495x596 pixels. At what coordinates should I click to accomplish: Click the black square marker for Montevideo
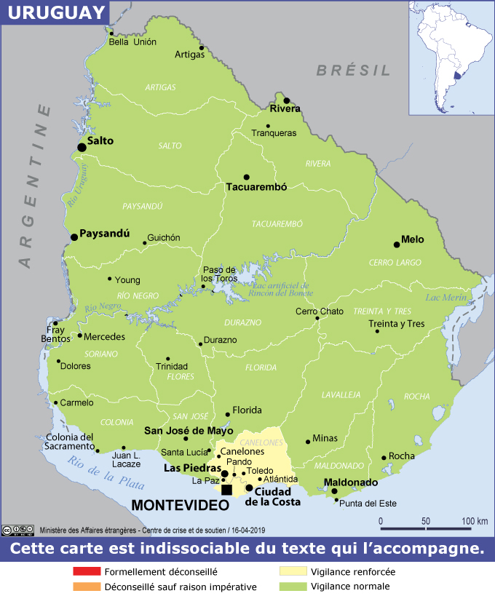coord(226,490)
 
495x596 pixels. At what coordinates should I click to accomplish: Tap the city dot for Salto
coord(82,147)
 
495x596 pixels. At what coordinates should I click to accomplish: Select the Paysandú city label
coord(104,234)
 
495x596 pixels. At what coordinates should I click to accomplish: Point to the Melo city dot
coord(397,245)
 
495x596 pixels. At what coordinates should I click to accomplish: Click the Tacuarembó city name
coord(256,187)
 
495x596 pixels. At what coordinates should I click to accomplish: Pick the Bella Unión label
coord(132,42)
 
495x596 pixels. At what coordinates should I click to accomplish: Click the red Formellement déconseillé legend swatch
coord(87,572)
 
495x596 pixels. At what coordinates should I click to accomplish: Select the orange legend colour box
coord(87,587)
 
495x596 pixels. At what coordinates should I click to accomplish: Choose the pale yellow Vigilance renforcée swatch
coord(293,572)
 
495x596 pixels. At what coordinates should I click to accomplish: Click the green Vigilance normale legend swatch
coord(293,587)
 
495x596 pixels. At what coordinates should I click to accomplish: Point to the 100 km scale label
coord(475,521)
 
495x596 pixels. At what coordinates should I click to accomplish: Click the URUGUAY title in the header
coord(54,12)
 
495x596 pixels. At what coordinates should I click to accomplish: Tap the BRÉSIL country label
coord(353,71)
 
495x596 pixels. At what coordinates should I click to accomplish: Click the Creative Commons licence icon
coord(17,530)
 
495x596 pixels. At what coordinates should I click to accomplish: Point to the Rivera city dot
coord(287,100)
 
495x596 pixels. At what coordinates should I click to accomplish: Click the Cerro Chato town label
coord(319,311)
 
